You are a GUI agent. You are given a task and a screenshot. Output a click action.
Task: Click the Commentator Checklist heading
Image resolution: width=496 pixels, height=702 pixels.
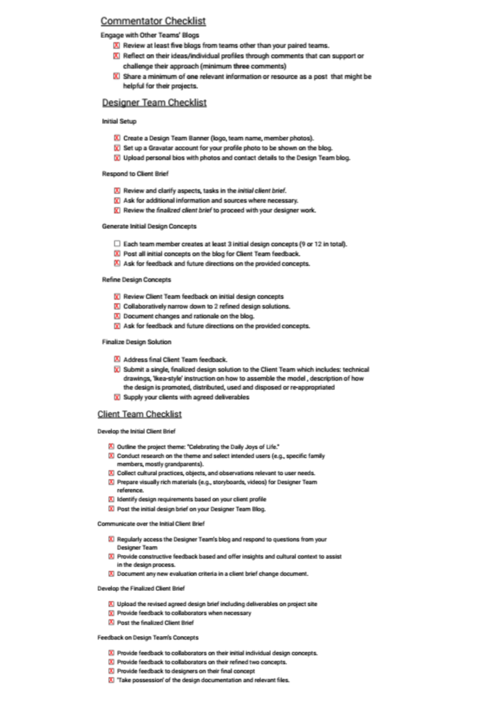[153, 21]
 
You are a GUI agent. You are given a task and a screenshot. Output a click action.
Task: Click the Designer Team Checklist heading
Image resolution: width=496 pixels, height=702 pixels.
[154, 103]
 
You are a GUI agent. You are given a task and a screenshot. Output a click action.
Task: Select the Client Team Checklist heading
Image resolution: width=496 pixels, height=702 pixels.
[139, 414]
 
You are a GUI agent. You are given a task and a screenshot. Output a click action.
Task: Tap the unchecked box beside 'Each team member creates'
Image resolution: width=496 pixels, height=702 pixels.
[117, 244]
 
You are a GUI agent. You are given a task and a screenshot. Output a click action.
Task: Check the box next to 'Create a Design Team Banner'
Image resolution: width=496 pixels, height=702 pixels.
[117, 138]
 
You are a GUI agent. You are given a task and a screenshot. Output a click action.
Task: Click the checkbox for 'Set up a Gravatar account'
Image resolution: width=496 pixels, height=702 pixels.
[117, 147]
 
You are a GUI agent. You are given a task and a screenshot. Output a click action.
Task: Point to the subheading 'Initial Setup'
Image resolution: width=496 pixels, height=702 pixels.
[119, 121]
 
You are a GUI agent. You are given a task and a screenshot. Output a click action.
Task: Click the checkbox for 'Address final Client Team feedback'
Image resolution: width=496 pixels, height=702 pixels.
[117, 359]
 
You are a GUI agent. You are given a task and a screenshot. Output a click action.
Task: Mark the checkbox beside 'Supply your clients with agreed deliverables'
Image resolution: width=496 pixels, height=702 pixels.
[117, 397]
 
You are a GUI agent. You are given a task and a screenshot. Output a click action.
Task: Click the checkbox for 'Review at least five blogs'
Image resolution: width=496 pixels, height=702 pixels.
[117, 45]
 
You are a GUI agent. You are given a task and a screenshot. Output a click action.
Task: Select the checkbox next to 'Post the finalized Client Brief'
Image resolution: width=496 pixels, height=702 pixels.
[110, 622]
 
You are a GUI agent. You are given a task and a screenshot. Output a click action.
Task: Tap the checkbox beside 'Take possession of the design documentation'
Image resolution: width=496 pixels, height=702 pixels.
[110, 680]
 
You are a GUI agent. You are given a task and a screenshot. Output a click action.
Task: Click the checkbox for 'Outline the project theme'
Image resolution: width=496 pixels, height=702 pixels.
[110, 446]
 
